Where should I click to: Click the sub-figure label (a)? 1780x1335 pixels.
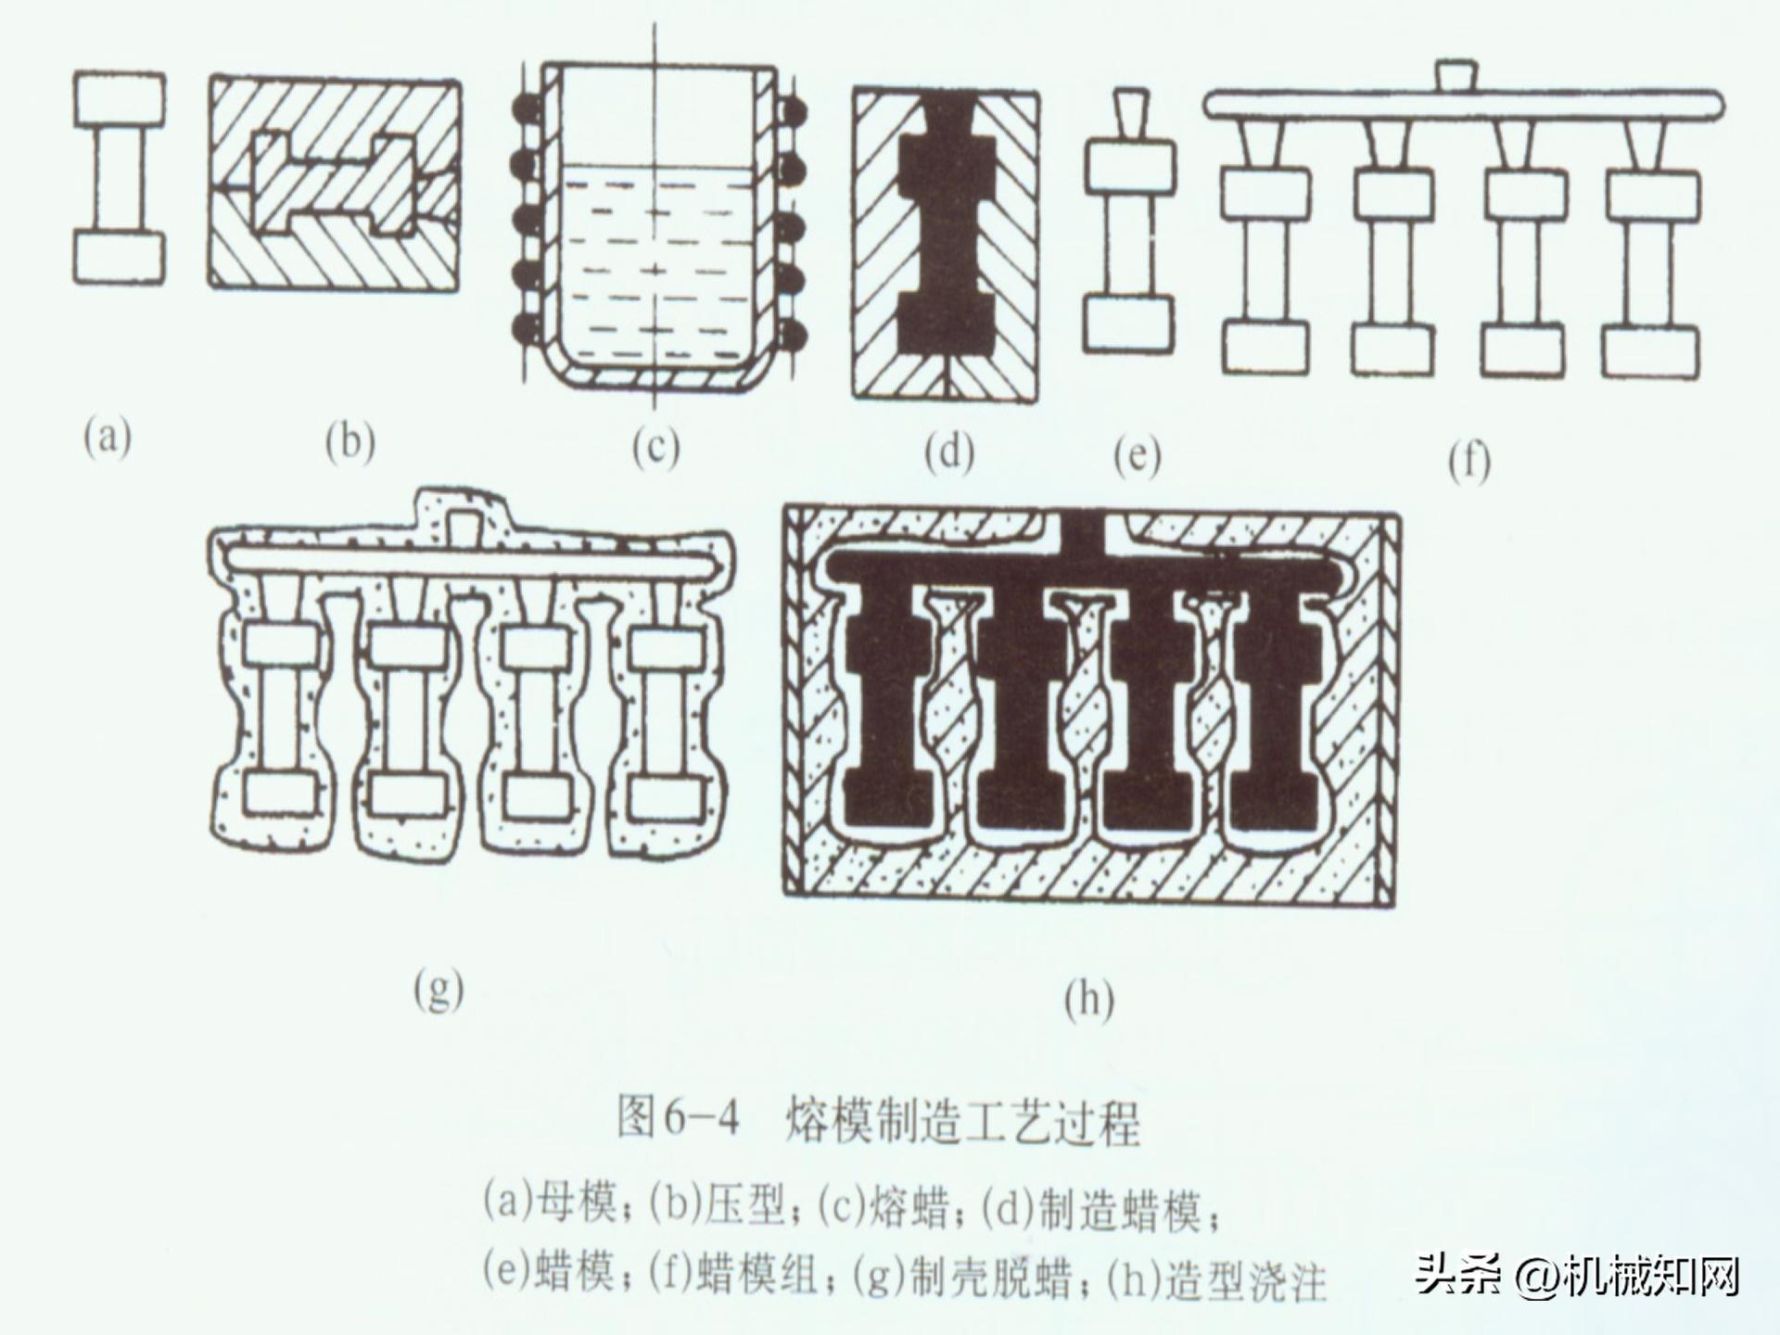tap(108, 437)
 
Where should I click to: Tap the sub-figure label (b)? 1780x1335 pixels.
tap(350, 442)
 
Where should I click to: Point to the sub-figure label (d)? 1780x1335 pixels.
tap(948, 452)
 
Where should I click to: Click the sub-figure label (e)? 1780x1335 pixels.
tap(1137, 455)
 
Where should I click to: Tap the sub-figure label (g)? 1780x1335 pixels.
tap(438, 991)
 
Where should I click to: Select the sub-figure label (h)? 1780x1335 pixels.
tap(1088, 1000)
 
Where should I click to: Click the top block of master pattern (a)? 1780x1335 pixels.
tap(119, 100)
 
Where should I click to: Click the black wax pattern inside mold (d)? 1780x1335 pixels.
tap(946, 232)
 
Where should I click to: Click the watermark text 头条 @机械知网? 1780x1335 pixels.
tap(1576, 1277)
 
